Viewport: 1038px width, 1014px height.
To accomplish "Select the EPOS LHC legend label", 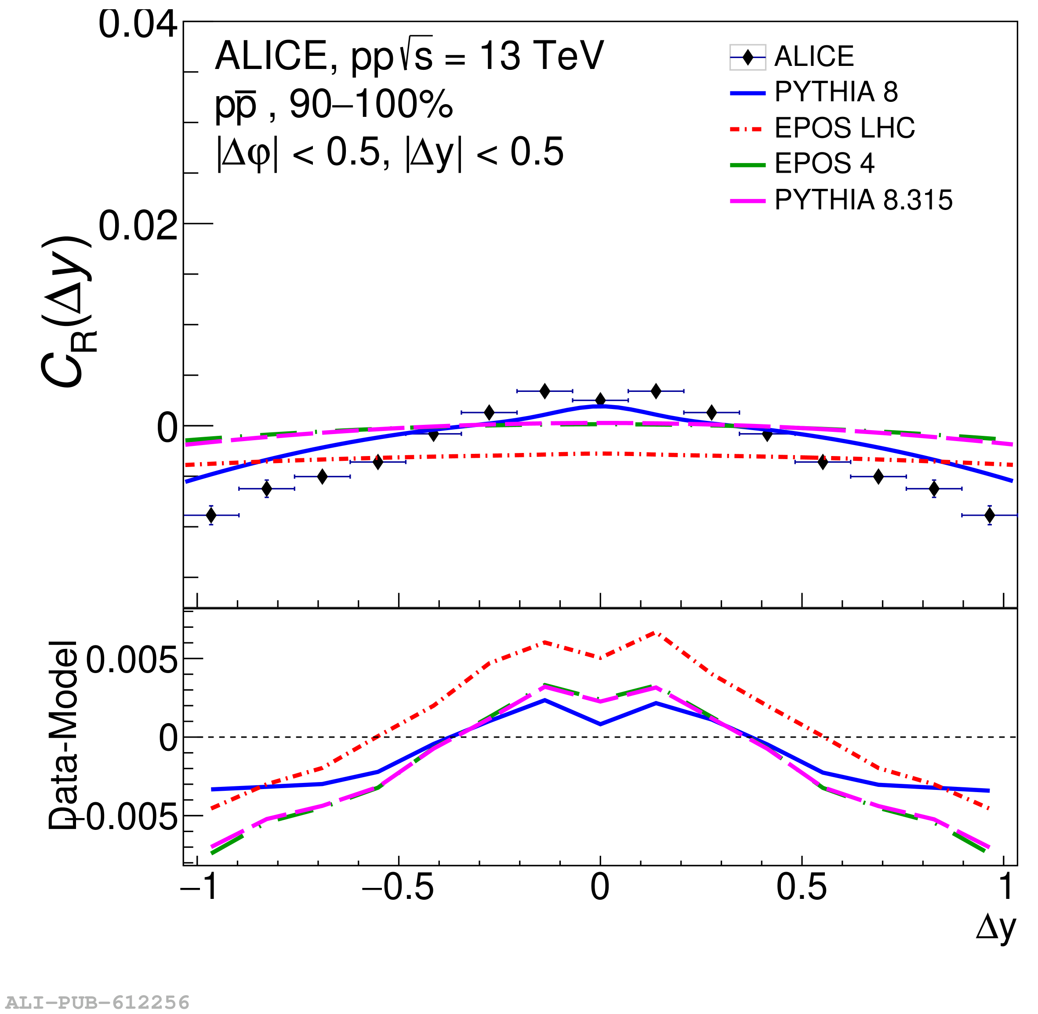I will click(844, 128).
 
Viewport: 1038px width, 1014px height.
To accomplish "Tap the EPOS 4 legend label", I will click(824, 163).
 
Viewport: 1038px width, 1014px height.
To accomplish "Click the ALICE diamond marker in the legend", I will click(748, 57).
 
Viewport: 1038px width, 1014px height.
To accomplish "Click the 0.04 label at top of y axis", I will click(138, 25).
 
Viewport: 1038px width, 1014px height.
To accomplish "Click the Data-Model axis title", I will click(64, 735).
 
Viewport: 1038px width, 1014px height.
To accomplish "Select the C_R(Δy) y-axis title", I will click(66, 311).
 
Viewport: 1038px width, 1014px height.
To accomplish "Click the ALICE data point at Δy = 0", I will click(600, 400).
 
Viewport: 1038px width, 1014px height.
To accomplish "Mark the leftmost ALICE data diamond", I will click(211, 515).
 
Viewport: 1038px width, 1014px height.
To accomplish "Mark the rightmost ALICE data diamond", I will click(990, 515).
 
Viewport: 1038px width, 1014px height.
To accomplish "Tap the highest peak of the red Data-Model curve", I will click(656, 633).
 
